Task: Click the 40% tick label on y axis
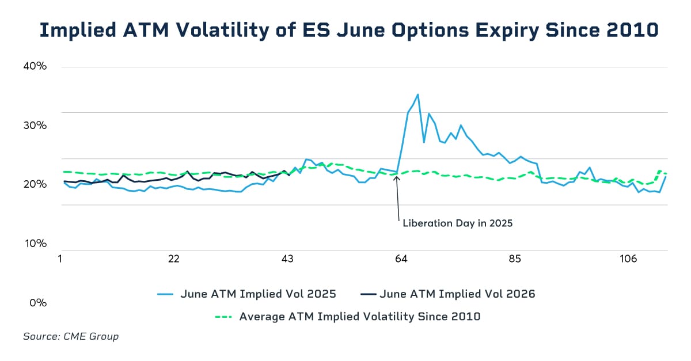(x=35, y=66)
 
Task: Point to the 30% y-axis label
(x=35, y=126)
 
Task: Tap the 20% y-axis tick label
(x=35, y=184)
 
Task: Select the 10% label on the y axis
(x=35, y=244)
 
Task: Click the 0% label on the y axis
(x=37, y=302)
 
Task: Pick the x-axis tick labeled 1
(x=60, y=259)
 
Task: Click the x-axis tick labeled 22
(x=174, y=259)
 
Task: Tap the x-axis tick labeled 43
(x=288, y=259)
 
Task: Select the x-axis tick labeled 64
(x=401, y=259)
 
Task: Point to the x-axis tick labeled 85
(x=515, y=259)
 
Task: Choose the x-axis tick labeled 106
(x=628, y=259)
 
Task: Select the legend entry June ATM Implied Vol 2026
(x=457, y=294)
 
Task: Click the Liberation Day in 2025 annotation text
(x=457, y=223)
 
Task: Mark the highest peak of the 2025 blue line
(x=417, y=94)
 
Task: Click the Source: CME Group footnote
(x=71, y=336)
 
